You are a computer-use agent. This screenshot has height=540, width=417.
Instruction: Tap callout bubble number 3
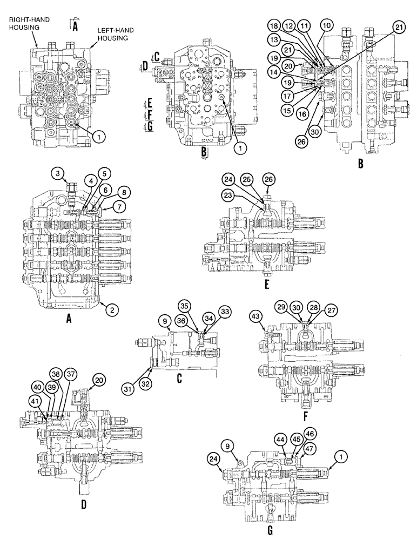59,173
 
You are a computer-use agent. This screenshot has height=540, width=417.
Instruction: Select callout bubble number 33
224,312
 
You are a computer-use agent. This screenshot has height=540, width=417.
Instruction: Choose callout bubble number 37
71,374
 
